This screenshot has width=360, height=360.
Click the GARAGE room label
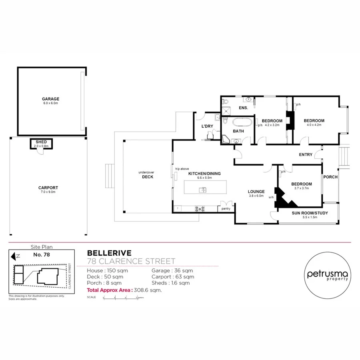51,99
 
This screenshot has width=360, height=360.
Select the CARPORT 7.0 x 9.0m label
48,188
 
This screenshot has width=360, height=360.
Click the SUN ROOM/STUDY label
310,213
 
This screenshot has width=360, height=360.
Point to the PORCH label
330,177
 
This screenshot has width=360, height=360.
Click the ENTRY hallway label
306,154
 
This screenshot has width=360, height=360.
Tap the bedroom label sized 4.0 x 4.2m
314,121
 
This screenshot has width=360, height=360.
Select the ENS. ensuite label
243,108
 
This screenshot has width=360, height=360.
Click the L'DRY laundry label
207,126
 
